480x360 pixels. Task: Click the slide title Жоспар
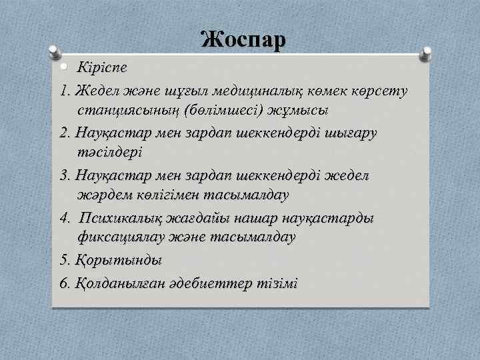243,39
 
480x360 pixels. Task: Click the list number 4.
64,219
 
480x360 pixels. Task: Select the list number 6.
64,283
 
